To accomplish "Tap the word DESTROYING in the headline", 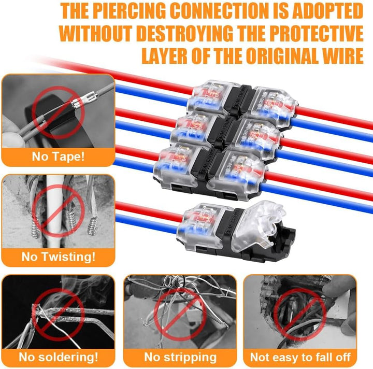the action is (184, 34).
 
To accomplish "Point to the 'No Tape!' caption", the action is (58, 157).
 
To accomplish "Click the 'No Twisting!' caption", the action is (58, 257).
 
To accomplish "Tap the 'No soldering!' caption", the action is (58, 357).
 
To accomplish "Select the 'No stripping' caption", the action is (180, 358).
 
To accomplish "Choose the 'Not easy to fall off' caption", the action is (300, 357).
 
